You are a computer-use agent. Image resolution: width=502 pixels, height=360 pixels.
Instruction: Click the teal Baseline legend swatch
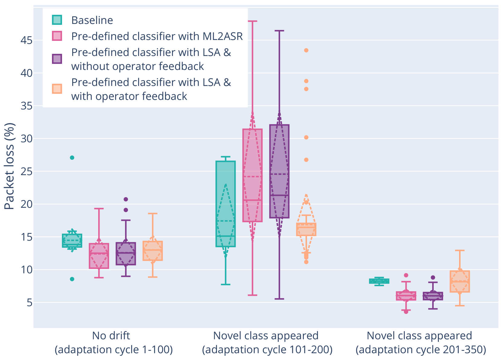[57, 20]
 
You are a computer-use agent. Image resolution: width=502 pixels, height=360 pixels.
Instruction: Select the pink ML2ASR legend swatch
[57, 36]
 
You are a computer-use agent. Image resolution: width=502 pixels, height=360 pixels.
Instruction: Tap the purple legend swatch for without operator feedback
[57, 59]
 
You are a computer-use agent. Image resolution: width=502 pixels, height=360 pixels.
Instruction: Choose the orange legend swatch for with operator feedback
[57, 89]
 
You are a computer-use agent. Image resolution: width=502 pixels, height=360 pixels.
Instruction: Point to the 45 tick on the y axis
[26, 40]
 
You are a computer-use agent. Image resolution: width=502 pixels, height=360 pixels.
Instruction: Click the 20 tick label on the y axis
[26, 204]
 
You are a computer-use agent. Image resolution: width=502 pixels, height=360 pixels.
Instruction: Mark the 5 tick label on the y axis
[29, 302]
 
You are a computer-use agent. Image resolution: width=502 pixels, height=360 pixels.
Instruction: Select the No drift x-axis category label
[111, 335]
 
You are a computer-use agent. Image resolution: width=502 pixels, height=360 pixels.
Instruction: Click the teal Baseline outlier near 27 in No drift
[72, 158]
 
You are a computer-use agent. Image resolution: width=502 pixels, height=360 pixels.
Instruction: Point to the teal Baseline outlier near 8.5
[72, 279]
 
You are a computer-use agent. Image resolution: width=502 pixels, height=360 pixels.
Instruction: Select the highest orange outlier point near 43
[306, 50]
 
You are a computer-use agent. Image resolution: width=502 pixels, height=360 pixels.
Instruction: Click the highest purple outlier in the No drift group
[126, 199]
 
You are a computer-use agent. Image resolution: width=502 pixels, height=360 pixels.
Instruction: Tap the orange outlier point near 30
[306, 137]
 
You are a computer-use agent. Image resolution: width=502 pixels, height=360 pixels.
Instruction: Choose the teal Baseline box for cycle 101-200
[225, 204]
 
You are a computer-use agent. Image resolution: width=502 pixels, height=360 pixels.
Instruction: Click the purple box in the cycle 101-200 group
[279, 171]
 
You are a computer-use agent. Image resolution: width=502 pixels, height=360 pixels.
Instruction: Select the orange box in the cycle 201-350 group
[460, 281]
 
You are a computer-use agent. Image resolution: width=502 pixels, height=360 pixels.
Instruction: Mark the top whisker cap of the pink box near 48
[252, 21]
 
